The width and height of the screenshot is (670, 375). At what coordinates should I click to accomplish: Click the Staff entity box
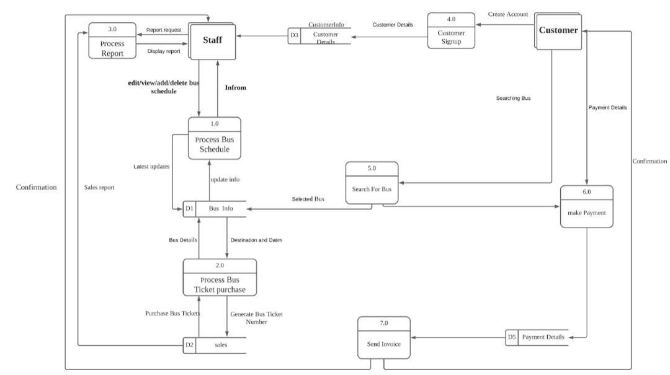213,41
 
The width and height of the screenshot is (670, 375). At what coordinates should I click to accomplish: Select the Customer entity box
557,31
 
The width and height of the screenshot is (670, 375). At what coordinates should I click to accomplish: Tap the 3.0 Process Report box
112,41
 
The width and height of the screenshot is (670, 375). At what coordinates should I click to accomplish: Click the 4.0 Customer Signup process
451,30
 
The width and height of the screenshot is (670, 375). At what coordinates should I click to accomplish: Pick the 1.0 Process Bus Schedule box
214,138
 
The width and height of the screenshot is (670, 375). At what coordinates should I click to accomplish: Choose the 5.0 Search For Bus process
372,183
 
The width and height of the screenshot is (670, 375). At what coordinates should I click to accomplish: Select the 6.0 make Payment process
586,206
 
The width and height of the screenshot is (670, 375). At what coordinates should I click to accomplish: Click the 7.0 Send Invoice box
383,338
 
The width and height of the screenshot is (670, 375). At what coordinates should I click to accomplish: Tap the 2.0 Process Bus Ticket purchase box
220,278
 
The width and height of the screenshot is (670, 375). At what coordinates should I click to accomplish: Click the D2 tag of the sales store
190,345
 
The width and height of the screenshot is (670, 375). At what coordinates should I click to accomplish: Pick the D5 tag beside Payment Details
512,337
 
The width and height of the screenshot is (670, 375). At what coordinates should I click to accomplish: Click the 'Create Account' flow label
508,14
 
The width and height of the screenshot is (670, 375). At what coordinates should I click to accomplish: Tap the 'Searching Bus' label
513,99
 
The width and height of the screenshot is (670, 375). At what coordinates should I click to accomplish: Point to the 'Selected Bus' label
308,199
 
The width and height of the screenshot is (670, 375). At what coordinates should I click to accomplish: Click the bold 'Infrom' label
235,88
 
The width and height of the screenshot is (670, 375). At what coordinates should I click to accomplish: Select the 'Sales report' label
99,187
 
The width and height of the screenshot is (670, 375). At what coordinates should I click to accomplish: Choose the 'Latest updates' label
151,166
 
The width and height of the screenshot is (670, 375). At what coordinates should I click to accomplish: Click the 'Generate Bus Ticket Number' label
256,318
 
